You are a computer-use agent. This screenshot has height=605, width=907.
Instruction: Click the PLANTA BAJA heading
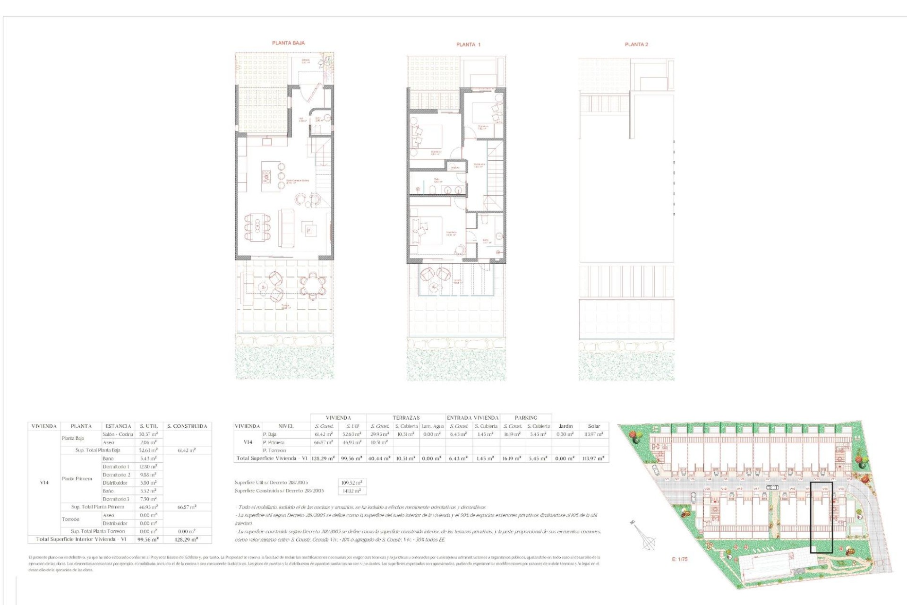coord(288,43)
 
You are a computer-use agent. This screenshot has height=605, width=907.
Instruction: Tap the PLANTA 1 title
coord(468,44)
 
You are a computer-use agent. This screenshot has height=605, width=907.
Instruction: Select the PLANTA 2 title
coord(636,44)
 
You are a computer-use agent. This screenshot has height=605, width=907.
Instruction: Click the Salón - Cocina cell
coord(118,434)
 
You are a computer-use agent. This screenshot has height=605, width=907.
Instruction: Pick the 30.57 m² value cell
coord(148,434)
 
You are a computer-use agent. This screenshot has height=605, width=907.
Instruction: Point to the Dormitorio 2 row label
coord(116,475)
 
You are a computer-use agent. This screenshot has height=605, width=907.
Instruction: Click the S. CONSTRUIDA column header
coord(187,426)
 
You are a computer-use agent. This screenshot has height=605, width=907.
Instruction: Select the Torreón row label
coord(70,519)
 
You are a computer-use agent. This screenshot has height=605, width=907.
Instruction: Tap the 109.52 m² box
coord(352,483)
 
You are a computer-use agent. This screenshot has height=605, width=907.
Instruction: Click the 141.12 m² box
coord(352,491)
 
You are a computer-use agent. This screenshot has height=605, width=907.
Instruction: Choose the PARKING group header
coord(526,418)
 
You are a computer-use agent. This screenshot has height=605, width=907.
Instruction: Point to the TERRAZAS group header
coord(406,418)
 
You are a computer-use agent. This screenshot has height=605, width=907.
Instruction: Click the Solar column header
coord(594,426)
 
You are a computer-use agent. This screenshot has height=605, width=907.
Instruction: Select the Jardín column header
coord(565,426)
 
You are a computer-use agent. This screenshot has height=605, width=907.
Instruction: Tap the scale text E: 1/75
coord(680,559)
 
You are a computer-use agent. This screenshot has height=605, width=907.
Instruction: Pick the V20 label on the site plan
coord(707,489)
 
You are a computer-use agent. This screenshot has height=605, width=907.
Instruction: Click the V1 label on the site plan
coord(667,479)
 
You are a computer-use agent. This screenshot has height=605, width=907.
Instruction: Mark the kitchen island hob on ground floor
coord(266,177)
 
